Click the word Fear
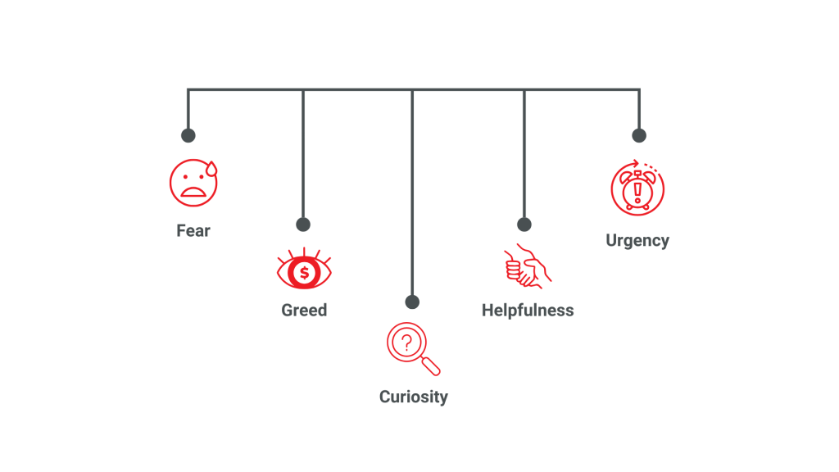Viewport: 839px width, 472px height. (193, 231)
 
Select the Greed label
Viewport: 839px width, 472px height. (304, 310)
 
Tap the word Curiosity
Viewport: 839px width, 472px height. (414, 397)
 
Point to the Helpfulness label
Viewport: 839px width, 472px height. (528, 310)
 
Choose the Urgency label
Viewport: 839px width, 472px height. (637, 240)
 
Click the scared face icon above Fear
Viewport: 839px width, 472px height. (193, 183)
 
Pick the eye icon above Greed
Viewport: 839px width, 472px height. (304, 270)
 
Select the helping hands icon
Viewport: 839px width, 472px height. (526, 266)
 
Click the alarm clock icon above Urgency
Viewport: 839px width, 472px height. (637, 188)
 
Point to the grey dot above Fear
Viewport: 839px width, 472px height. (188, 135)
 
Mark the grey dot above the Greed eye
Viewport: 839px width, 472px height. (303, 225)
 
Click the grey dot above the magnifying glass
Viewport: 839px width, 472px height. (412, 302)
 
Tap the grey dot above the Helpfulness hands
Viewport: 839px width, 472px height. (524, 225)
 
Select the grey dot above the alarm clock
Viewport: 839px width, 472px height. (639, 135)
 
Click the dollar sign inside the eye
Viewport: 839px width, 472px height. (304, 272)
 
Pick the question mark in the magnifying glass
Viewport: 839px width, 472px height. (406, 343)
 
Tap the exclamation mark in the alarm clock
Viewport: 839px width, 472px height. (637, 191)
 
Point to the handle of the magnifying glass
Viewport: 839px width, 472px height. (432, 365)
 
